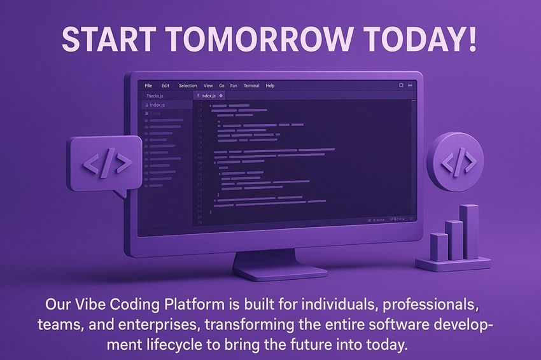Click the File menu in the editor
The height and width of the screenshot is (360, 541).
tap(148, 86)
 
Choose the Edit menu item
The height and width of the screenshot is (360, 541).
tap(165, 86)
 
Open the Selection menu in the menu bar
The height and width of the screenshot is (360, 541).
tap(188, 86)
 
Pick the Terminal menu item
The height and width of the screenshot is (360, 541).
tap(251, 86)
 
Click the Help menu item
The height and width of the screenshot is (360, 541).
tap(270, 86)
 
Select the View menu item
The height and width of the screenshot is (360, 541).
tap(208, 86)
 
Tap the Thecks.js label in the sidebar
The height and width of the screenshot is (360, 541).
tap(155, 96)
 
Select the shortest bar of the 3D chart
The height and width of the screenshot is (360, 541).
tap(439, 246)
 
